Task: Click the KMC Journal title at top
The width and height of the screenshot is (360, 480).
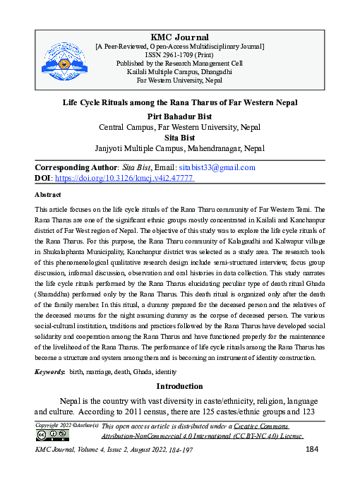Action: [180, 37]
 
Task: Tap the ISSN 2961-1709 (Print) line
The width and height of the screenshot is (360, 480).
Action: [180, 54]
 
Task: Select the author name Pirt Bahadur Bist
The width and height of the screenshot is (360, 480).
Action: [179, 116]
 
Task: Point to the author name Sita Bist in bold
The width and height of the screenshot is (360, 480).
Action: [179, 138]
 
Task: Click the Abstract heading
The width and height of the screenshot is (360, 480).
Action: [48, 194]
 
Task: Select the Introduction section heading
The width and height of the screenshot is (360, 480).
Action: [179, 387]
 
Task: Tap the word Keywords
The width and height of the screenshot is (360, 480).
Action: [50, 371]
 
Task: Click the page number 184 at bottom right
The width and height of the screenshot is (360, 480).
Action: [314, 450]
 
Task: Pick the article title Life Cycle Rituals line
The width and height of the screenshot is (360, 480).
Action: [179, 103]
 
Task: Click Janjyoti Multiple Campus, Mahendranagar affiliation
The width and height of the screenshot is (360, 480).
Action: [179, 149]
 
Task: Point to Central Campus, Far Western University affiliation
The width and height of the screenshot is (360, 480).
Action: [179, 127]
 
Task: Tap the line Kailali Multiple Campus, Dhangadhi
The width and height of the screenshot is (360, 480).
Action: [180, 72]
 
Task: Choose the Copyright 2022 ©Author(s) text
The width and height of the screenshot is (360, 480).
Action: [67, 426]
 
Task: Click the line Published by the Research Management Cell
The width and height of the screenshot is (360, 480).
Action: [180, 63]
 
